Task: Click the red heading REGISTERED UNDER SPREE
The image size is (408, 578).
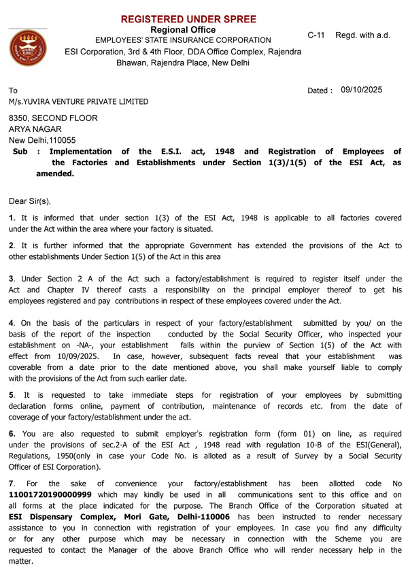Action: click(x=188, y=19)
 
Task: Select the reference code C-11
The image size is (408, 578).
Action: click(x=316, y=35)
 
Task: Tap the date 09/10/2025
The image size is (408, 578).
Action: click(x=362, y=90)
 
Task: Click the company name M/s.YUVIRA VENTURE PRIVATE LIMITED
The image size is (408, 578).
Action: click(x=78, y=102)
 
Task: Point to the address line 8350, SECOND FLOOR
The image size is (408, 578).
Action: click(x=53, y=118)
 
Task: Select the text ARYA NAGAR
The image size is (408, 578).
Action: click(x=35, y=129)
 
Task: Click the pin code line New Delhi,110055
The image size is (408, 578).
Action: click(x=42, y=141)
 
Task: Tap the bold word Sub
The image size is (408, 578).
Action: click(x=20, y=152)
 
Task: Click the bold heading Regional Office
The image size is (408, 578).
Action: click(x=183, y=30)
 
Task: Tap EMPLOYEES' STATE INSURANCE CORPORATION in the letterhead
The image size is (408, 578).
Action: click(x=183, y=41)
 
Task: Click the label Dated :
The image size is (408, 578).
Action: click(x=320, y=90)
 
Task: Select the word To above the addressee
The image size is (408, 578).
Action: click(x=13, y=90)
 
